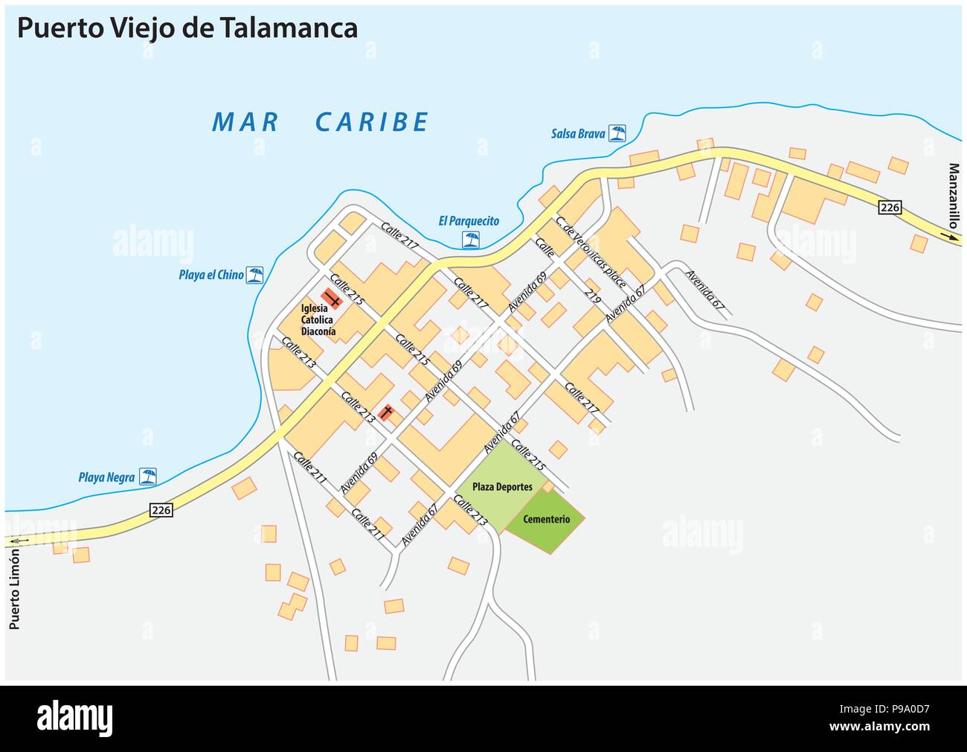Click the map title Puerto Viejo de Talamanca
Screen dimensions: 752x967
point(187,28)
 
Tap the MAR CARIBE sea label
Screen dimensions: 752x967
point(320,122)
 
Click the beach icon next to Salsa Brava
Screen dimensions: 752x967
point(617,133)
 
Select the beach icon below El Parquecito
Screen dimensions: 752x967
point(470,239)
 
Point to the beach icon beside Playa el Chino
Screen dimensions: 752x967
point(255,275)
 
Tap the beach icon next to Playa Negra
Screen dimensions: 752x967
point(149,477)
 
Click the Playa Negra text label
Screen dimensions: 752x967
point(106,477)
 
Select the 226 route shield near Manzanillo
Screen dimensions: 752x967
point(890,208)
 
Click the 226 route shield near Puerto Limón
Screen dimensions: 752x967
point(161,510)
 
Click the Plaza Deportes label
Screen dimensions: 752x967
point(502,487)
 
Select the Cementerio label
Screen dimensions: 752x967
point(546,519)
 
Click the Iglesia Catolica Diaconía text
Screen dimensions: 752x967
point(318,320)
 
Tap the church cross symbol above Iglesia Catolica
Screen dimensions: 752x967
point(332,299)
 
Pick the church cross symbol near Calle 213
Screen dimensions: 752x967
point(386,412)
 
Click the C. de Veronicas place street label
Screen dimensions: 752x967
point(591,252)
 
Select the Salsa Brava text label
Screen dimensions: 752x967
point(577,134)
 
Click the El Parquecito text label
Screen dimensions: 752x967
point(469,221)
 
